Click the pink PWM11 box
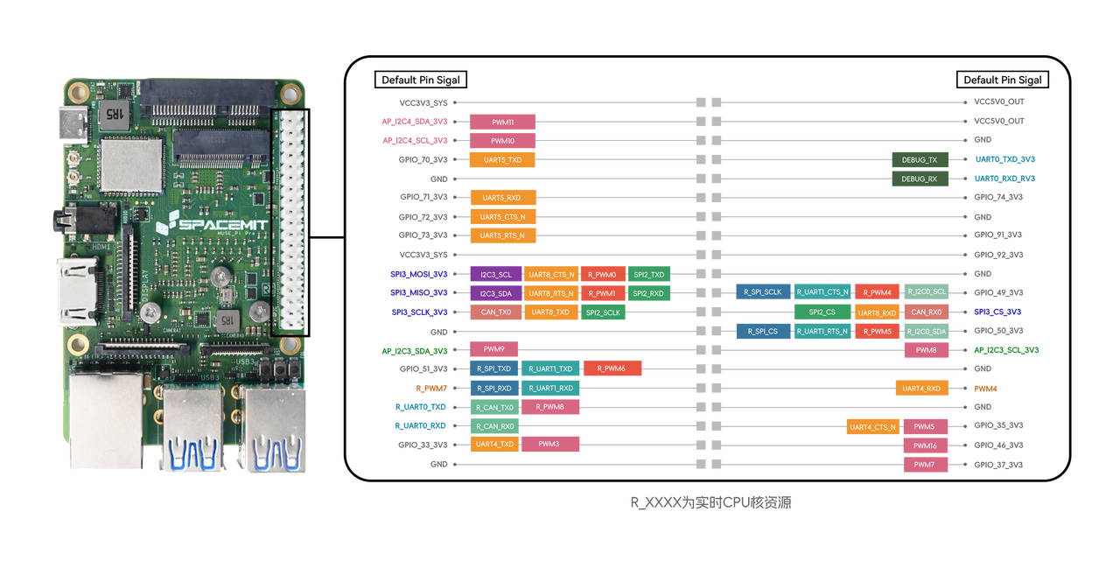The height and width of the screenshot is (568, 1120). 503,122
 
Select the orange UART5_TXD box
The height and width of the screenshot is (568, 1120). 503,160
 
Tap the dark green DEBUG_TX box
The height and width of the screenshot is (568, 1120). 920,160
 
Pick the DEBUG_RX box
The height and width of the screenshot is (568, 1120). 920,179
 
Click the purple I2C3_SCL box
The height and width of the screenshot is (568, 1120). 496,274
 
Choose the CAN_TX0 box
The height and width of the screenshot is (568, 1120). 496,312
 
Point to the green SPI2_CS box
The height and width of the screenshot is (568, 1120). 822,312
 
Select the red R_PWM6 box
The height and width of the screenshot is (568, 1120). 612,368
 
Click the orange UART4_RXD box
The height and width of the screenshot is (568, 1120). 921,388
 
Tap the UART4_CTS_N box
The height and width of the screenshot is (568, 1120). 872,426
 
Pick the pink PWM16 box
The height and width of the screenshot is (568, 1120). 925,445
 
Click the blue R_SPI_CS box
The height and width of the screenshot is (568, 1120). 763,332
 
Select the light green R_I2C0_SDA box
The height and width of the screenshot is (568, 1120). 926,332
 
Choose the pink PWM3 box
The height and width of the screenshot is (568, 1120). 551,445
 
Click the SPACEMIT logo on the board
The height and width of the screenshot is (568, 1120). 215,225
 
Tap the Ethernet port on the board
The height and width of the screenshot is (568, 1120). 105,420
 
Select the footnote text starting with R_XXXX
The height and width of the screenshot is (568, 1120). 710,502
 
